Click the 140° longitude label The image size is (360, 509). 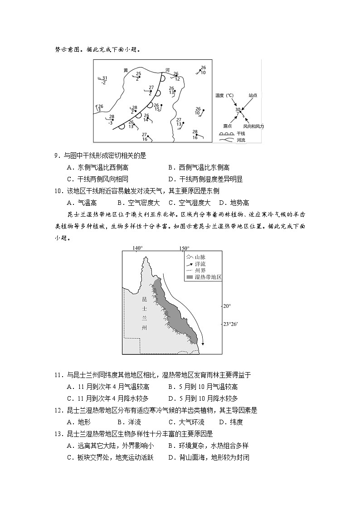pyautogui.click(x=138, y=248)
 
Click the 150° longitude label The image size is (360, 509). pyautogui.click(x=184, y=248)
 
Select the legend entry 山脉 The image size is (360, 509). pyautogui.click(x=200, y=257)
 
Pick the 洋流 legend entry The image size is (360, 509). pyautogui.click(x=200, y=264)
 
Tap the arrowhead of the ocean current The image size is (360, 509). pyautogui.click(x=203, y=343)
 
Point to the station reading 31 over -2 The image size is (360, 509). pyautogui.click(x=104, y=80)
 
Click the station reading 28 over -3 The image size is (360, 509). pyautogui.click(x=111, y=120)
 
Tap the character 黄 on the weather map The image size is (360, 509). pyautogui.click(x=126, y=70)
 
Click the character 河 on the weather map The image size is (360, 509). pyautogui.click(x=167, y=70)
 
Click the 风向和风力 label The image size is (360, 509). pyautogui.click(x=253, y=126)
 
